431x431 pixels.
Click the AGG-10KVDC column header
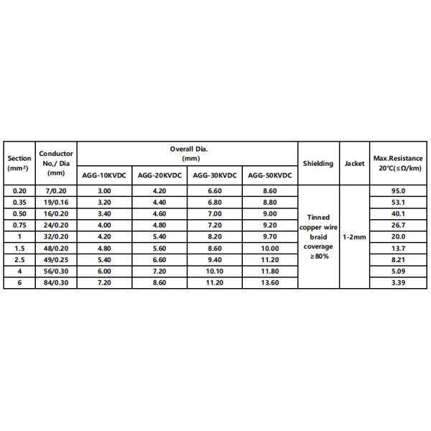click(103, 175)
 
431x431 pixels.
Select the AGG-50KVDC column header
click(270, 175)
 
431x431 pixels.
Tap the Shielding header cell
click(318, 163)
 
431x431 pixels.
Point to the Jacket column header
click(354, 163)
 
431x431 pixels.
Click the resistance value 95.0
click(398, 190)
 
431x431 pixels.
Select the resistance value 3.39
click(398, 282)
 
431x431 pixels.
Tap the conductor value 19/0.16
click(56, 202)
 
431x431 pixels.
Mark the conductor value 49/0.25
click(56, 259)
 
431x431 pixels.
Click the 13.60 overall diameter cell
click(270, 282)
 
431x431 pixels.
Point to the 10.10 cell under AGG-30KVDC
click(215, 271)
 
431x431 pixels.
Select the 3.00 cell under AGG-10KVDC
click(103, 190)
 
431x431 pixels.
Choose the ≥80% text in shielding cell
click(318, 256)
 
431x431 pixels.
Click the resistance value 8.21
click(398, 259)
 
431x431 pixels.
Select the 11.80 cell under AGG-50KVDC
click(270, 271)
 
